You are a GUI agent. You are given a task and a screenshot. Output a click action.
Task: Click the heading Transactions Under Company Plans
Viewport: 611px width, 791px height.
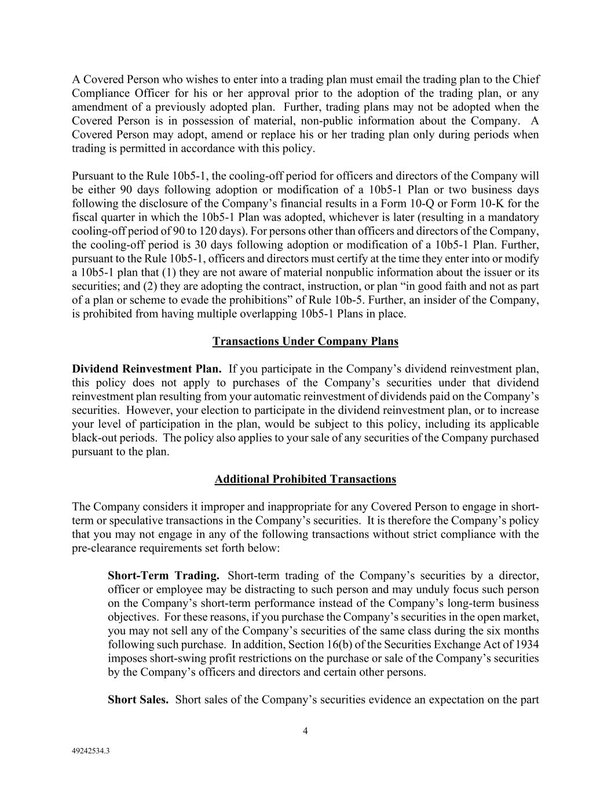tap(305, 341)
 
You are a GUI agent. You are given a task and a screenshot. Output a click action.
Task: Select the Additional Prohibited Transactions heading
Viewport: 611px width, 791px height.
tap(305, 479)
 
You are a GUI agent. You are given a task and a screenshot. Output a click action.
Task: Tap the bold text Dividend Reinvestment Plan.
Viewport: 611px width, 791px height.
tap(147, 369)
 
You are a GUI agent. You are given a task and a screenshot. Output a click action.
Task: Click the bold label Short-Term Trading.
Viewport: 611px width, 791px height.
tap(163, 576)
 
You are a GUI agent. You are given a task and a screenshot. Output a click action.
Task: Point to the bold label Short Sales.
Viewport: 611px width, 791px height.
tap(138, 700)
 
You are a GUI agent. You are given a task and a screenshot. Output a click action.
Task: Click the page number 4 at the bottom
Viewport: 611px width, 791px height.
tap(305, 731)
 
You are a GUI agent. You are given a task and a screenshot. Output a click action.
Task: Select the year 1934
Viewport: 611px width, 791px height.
tap(527, 645)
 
